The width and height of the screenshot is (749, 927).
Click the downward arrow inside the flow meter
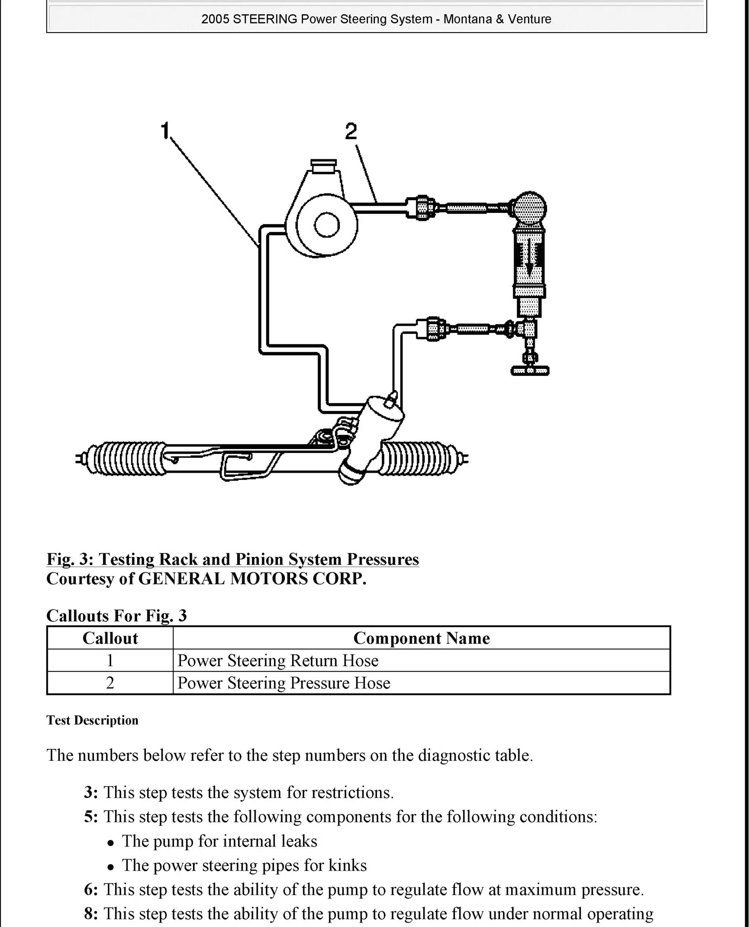[x=529, y=259]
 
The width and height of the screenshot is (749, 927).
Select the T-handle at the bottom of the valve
[x=530, y=370]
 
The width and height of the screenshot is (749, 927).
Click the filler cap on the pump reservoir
[x=324, y=165]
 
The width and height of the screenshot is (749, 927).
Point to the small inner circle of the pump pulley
[x=327, y=225]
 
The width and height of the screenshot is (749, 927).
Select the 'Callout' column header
[x=110, y=638]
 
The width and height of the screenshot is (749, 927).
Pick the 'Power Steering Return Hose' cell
[x=278, y=661]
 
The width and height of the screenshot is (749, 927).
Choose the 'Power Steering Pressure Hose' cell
[x=283, y=683]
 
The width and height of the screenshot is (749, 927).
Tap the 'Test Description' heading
[x=92, y=720]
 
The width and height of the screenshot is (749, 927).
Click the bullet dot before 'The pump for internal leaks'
[x=111, y=842]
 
